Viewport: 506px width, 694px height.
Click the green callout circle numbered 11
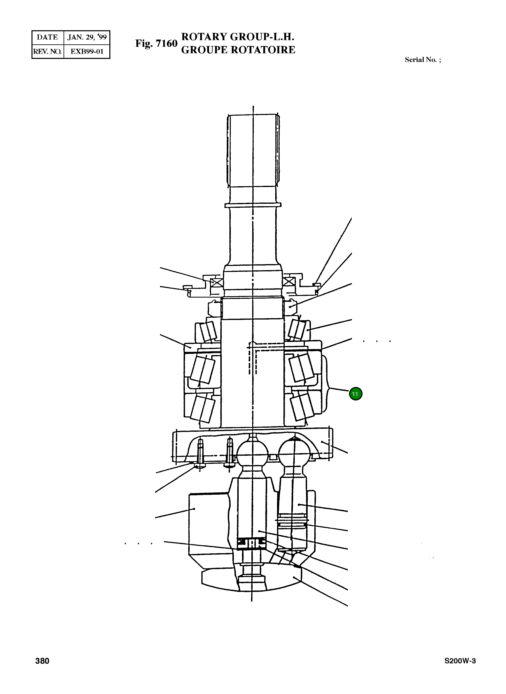(x=355, y=394)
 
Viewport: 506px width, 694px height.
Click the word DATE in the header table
(x=47, y=37)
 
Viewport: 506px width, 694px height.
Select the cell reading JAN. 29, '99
(x=87, y=37)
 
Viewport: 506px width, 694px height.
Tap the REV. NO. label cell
(x=47, y=51)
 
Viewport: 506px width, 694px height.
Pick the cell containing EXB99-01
(x=87, y=51)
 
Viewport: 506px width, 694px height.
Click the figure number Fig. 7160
(x=156, y=44)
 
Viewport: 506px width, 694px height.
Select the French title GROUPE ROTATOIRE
(x=238, y=50)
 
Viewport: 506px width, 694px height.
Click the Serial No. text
(x=423, y=60)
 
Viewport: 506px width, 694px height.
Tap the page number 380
(x=42, y=670)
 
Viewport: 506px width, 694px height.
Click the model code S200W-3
(x=460, y=670)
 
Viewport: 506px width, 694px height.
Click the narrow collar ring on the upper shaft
(x=253, y=205)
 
